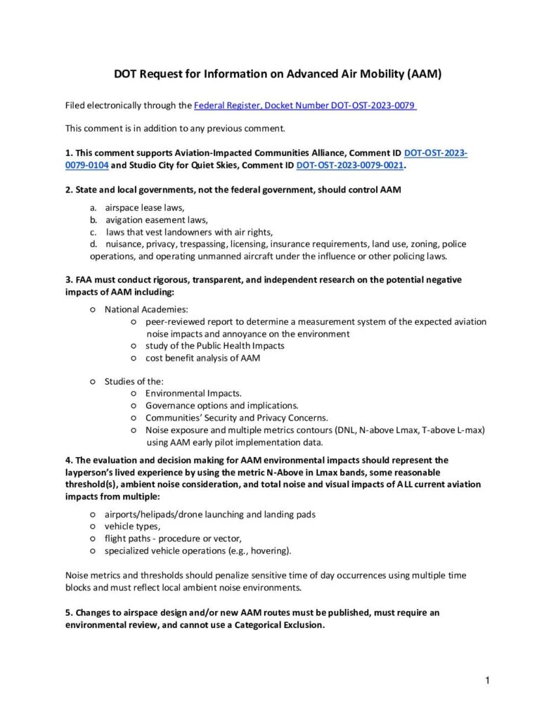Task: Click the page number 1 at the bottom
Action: pyautogui.click(x=486, y=680)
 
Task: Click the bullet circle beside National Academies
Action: pyautogui.click(x=93, y=309)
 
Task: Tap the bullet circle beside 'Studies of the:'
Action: pyautogui.click(x=93, y=381)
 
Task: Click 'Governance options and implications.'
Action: pyautogui.click(x=221, y=405)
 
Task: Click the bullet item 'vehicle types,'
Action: pyautogui.click(x=133, y=525)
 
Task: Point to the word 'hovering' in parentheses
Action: pyautogui.click(x=269, y=550)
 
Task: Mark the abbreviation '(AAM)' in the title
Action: pyautogui.click(x=424, y=74)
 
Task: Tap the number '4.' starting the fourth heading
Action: pyautogui.click(x=70, y=460)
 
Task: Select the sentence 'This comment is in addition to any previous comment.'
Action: pyautogui.click(x=175, y=128)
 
